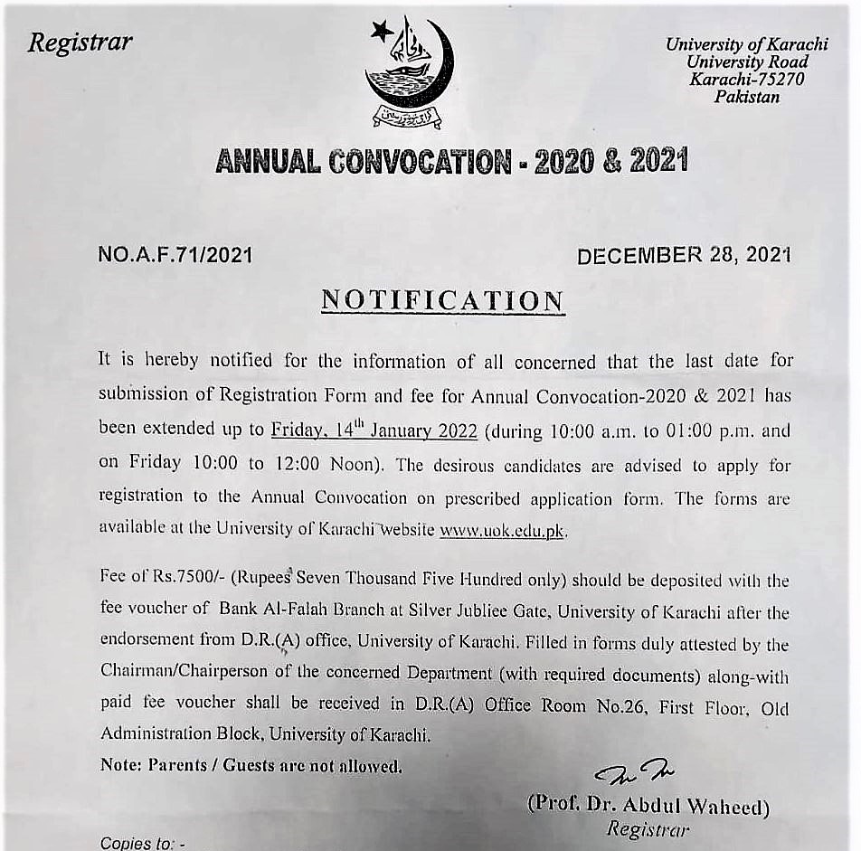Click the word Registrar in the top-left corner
pyautogui.click(x=80, y=43)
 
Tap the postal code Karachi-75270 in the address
pyautogui.click(x=746, y=80)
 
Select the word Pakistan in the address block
pyautogui.click(x=746, y=97)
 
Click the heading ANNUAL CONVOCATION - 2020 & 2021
pyautogui.click(x=451, y=162)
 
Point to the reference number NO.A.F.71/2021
pyautogui.click(x=175, y=256)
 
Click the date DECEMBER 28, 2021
pyautogui.click(x=684, y=256)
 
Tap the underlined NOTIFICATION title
pyautogui.click(x=442, y=301)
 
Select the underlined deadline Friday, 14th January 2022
pyautogui.click(x=374, y=430)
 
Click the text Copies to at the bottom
pyautogui.click(x=142, y=843)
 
